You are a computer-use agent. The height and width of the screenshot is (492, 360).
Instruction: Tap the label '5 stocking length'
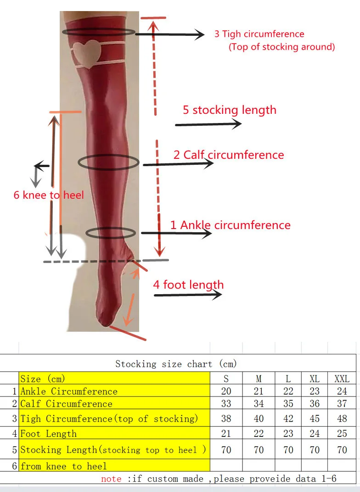pyautogui.click(x=230, y=110)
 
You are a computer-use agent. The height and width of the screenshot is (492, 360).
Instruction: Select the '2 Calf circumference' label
pyautogui.click(x=229, y=155)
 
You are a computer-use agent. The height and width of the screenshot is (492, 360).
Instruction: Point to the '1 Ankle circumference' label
pyautogui.click(x=231, y=225)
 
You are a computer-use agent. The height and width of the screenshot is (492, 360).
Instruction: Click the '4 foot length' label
pyautogui.click(x=188, y=285)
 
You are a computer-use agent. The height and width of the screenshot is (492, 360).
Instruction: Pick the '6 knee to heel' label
pyautogui.click(x=49, y=195)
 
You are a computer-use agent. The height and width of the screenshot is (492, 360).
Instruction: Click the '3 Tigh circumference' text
pyautogui.click(x=259, y=34)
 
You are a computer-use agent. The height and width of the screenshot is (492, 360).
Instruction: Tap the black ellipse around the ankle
pyautogui.click(x=111, y=233)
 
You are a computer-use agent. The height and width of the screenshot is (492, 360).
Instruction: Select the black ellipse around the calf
pyautogui.click(x=108, y=162)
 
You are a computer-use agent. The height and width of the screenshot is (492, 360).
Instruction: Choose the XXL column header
pyautogui.click(x=342, y=379)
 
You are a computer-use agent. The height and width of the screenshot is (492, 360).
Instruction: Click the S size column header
pyautogui.click(x=226, y=379)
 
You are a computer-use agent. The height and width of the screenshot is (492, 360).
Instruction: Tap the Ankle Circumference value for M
pyautogui.click(x=259, y=391)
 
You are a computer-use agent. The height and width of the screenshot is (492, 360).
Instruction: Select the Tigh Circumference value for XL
pyautogui.click(x=315, y=419)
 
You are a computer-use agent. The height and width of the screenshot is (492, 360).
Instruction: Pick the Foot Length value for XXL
pyautogui.click(x=342, y=434)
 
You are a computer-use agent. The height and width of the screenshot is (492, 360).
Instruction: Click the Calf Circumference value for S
pyautogui.click(x=226, y=404)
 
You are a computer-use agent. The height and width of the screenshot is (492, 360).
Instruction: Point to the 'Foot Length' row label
pyautogui.click(x=48, y=434)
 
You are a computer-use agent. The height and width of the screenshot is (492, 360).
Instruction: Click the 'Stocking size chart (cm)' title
pyautogui.click(x=176, y=364)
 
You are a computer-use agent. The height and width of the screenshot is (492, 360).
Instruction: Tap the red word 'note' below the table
pyautogui.click(x=111, y=479)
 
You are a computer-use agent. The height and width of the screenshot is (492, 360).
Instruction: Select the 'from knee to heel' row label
pyautogui.click(x=63, y=466)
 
